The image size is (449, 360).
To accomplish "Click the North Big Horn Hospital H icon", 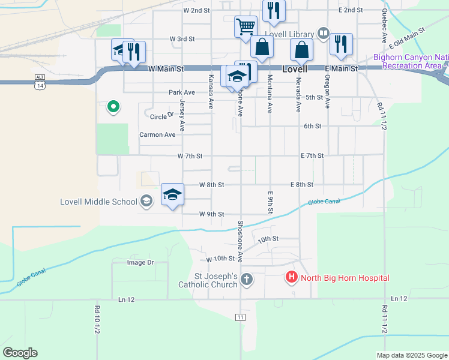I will coord(291,278).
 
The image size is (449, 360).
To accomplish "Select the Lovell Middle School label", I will coord(98,202).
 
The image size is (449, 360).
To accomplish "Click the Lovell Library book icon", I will coord(324,34).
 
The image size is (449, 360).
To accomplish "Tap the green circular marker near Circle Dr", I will coord(112,107).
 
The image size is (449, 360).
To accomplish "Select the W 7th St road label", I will coord(190,155).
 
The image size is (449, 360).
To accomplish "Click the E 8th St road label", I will coord(302,185).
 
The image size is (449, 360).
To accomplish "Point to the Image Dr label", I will coord(140,262).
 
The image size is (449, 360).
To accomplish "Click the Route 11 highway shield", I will coord(241,316).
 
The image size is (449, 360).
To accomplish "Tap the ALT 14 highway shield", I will coord(40,82).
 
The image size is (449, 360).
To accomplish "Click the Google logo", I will coord(20,353).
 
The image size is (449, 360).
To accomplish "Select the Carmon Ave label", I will coord(157,135).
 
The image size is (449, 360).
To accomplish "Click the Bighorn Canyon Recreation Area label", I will coord(411,61).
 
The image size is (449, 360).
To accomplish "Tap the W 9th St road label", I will coord(212,214).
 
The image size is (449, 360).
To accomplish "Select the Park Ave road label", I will coord(181,92).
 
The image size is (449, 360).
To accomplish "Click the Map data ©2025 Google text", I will coord(411,355).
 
